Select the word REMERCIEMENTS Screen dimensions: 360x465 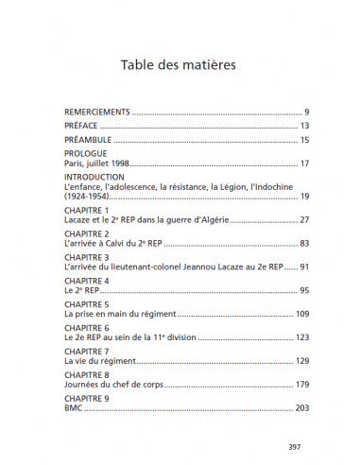(97, 112)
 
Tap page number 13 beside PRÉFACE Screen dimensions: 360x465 (304, 126)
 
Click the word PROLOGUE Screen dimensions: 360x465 (85, 153)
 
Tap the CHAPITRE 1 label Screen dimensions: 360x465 (86, 210)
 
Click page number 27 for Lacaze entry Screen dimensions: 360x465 (304, 219)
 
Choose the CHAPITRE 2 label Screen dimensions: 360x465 (86, 233)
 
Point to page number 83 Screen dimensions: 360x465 (304, 243)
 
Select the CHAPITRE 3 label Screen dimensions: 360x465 (86, 257)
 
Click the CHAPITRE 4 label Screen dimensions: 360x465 (86, 281)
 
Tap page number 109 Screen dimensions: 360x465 (302, 314)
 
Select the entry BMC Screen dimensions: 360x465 (73, 408)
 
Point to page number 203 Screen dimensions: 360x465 (302, 408)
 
